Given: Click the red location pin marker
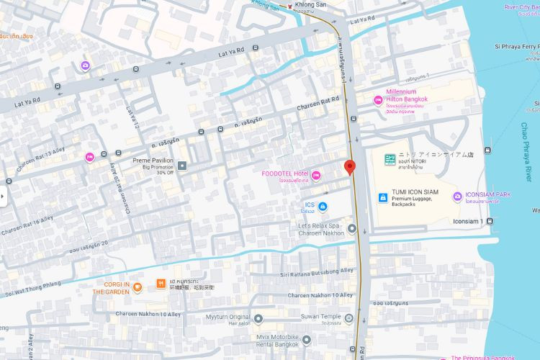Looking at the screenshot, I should tap(350, 167).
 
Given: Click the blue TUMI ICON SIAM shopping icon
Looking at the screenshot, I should tap(382, 197).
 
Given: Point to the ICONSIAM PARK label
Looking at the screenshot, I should tap(487, 194).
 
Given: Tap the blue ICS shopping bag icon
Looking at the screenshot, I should tap(323, 207).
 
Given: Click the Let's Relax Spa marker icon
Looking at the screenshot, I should tap(351, 230).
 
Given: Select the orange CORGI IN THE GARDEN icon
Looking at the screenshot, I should tap(137, 288).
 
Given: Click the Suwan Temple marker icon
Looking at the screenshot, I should tap(349, 318).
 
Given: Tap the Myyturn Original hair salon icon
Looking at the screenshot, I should tap(258, 318).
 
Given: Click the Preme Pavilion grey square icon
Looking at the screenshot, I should tap(183, 166).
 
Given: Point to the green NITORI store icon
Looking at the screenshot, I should tap(389, 159).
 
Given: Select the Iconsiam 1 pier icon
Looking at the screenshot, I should tap(490, 221).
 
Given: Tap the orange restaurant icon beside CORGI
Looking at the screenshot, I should tap(160, 284).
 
